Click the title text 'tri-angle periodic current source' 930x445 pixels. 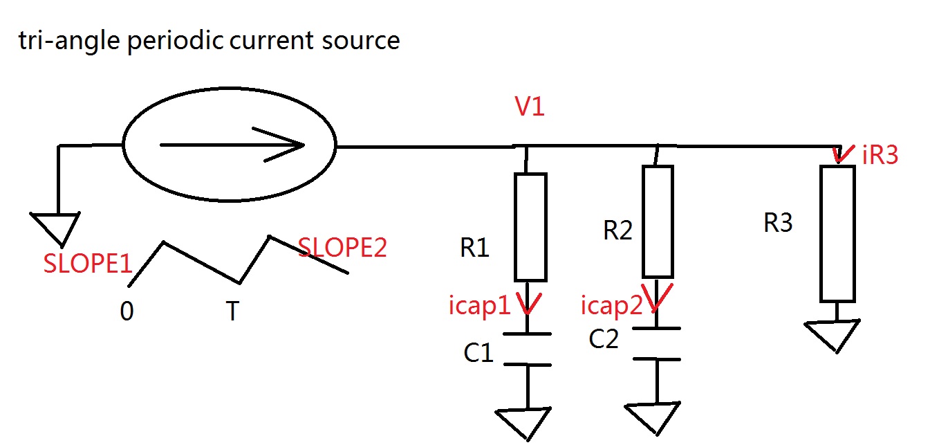pos(209,41)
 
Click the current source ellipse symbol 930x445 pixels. pos(229,145)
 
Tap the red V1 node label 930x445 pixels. pos(530,107)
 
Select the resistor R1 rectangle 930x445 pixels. pos(530,227)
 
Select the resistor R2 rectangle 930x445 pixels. pos(658,221)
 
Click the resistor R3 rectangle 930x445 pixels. pos(837,233)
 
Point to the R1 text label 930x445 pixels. pos(475,248)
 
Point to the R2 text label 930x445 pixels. pos(617,230)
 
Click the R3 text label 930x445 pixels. pos(778,223)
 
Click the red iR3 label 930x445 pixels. pos(880,156)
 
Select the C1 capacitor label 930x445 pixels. pos(478,353)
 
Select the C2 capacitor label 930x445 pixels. pos(604,339)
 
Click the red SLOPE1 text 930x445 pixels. pos(87,264)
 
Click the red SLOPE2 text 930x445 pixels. pos(342,248)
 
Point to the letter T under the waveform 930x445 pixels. pos(232,312)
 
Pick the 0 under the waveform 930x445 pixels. pos(127,312)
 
